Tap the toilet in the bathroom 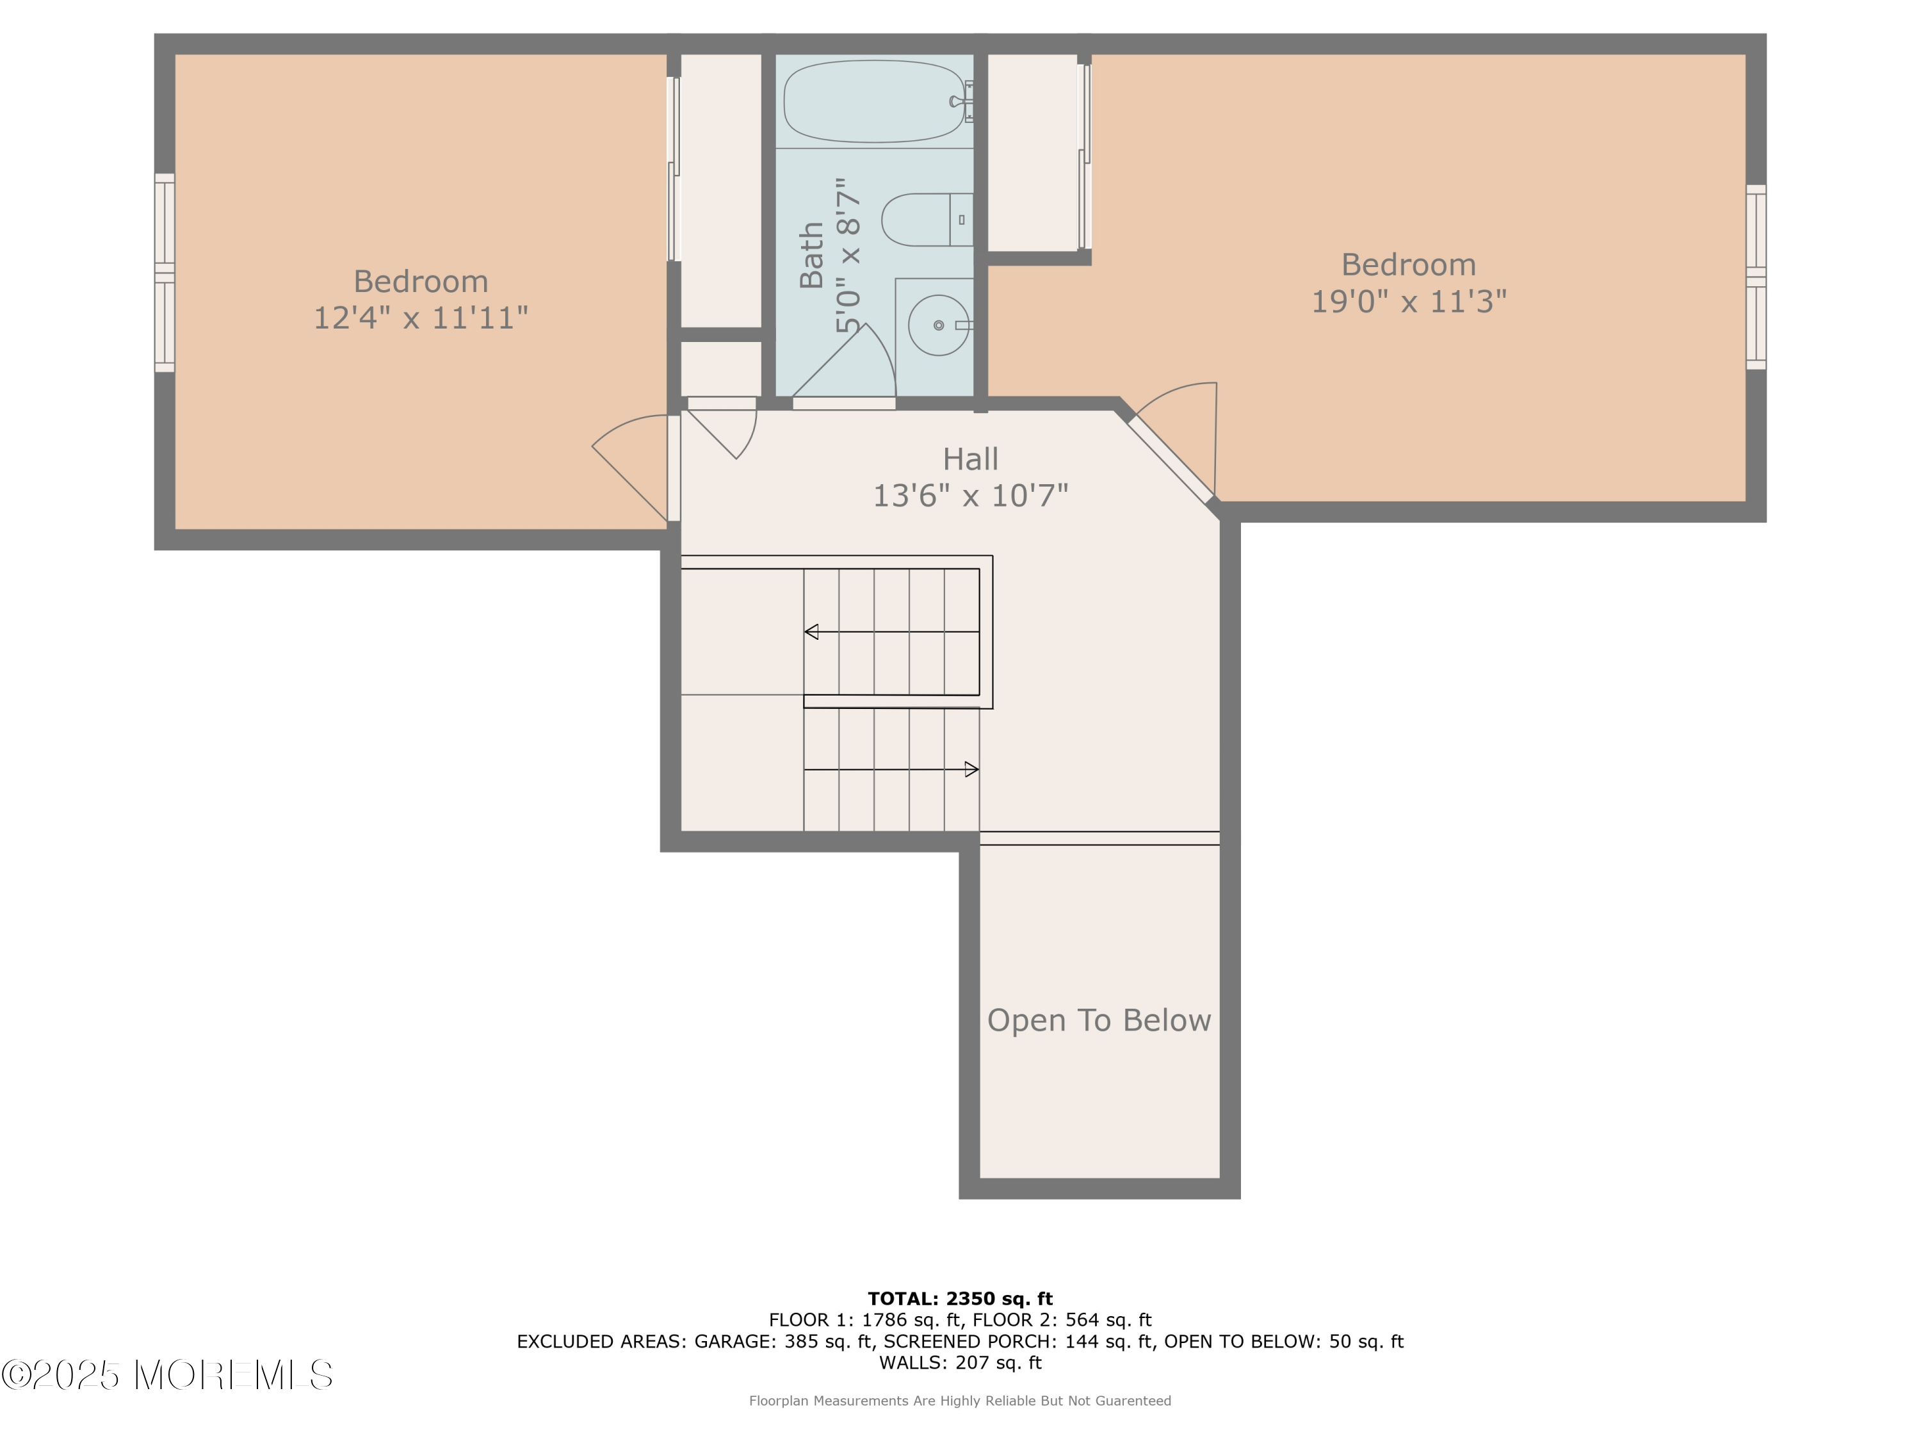pos(927,220)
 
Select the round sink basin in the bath pos(938,325)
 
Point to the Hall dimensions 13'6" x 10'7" pos(970,495)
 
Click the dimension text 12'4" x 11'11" pos(420,318)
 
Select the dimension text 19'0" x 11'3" pos(1409,302)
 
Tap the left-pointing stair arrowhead pos(811,631)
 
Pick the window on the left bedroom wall pos(165,273)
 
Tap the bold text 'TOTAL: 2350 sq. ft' pos(960,1299)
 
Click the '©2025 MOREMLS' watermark pos(168,1375)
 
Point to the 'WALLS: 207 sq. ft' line pos(960,1363)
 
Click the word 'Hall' pos(970,459)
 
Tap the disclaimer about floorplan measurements pos(960,1401)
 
